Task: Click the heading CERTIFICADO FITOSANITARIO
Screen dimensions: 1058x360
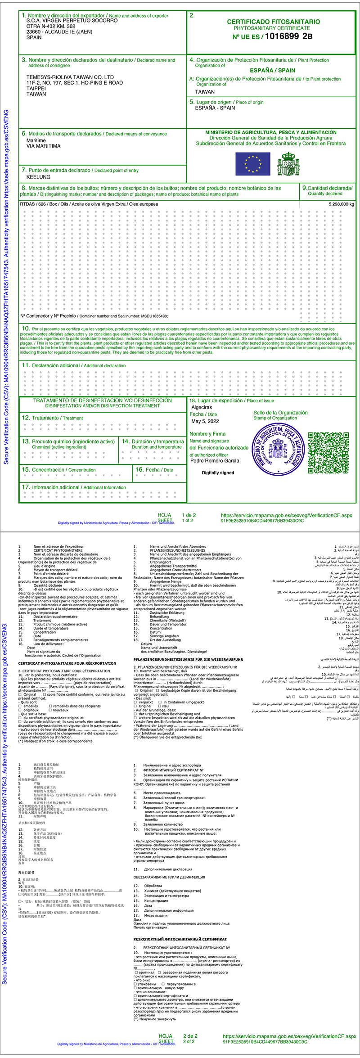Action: click(x=273, y=22)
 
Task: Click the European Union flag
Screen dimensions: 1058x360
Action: click(x=253, y=164)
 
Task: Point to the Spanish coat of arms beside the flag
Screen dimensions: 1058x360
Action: click(x=288, y=164)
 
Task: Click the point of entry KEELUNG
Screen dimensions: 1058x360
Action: click(x=39, y=177)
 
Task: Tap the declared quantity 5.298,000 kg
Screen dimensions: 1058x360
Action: click(x=341, y=204)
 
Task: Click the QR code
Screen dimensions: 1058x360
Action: click(x=328, y=453)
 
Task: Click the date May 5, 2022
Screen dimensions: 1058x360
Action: click(x=205, y=422)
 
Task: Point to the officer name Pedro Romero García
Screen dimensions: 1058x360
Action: click(x=215, y=461)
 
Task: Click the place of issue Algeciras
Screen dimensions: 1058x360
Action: click(x=202, y=407)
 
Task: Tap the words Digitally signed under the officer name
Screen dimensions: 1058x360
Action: click(x=218, y=473)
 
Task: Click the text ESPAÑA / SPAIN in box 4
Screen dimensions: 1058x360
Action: click(x=273, y=71)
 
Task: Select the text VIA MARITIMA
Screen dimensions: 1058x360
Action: click(x=43, y=146)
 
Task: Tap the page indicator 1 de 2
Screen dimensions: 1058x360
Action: click(x=189, y=515)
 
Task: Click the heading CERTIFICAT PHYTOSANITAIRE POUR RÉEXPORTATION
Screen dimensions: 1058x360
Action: click(x=67, y=663)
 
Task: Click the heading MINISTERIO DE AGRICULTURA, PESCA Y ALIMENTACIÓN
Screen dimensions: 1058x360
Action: click(x=271, y=133)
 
